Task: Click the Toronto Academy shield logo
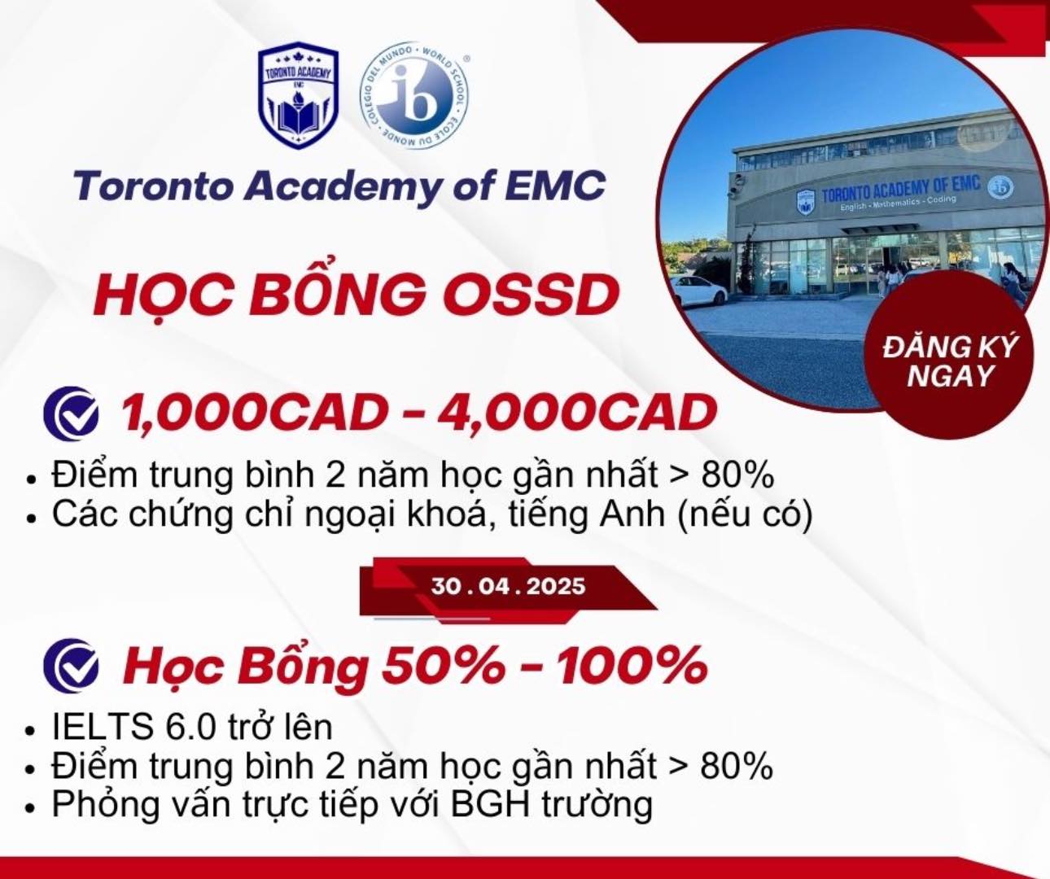tap(298, 94)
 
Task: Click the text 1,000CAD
tap(248, 413)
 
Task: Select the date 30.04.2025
tap(508, 586)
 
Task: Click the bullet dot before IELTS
tap(31, 730)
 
